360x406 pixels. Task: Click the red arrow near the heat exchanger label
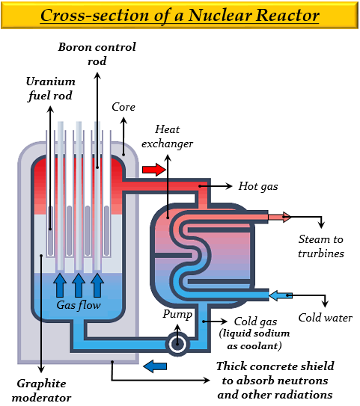click(x=154, y=170)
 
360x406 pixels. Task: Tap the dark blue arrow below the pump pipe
click(x=155, y=366)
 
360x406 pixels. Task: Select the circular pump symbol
click(x=177, y=344)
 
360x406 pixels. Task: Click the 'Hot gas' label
click(x=258, y=187)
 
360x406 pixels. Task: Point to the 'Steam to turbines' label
click(x=321, y=246)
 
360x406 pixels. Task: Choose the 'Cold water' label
click(x=326, y=318)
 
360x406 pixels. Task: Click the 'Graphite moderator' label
click(x=41, y=390)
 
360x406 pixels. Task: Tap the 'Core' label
click(x=123, y=107)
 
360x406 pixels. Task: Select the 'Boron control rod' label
click(x=97, y=54)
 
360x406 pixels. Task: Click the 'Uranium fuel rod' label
click(x=50, y=89)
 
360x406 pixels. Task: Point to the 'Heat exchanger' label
click(x=167, y=137)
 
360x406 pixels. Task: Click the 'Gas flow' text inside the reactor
click(x=79, y=305)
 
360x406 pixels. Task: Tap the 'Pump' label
click(x=177, y=315)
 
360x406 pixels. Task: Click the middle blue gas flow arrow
click(x=79, y=286)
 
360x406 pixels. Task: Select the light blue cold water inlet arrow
click(x=281, y=295)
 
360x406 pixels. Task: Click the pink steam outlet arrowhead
click(x=287, y=217)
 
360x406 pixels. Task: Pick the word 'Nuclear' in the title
click(x=219, y=16)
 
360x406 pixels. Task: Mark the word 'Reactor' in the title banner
click(x=287, y=16)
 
